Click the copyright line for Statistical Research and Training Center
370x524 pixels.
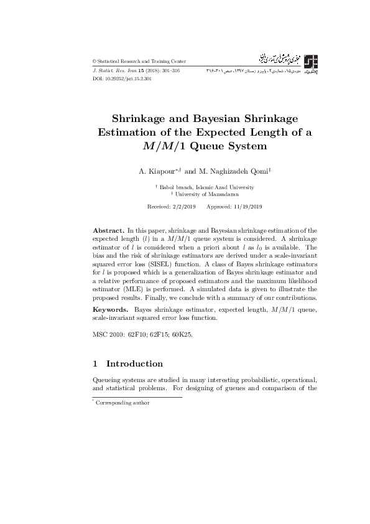click(139, 61)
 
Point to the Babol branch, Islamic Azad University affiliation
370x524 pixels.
click(206, 187)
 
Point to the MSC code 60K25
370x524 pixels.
click(181, 335)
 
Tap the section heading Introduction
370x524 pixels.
click(134, 363)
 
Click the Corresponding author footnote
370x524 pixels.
click(123, 403)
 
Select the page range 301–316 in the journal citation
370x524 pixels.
click(170, 72)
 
